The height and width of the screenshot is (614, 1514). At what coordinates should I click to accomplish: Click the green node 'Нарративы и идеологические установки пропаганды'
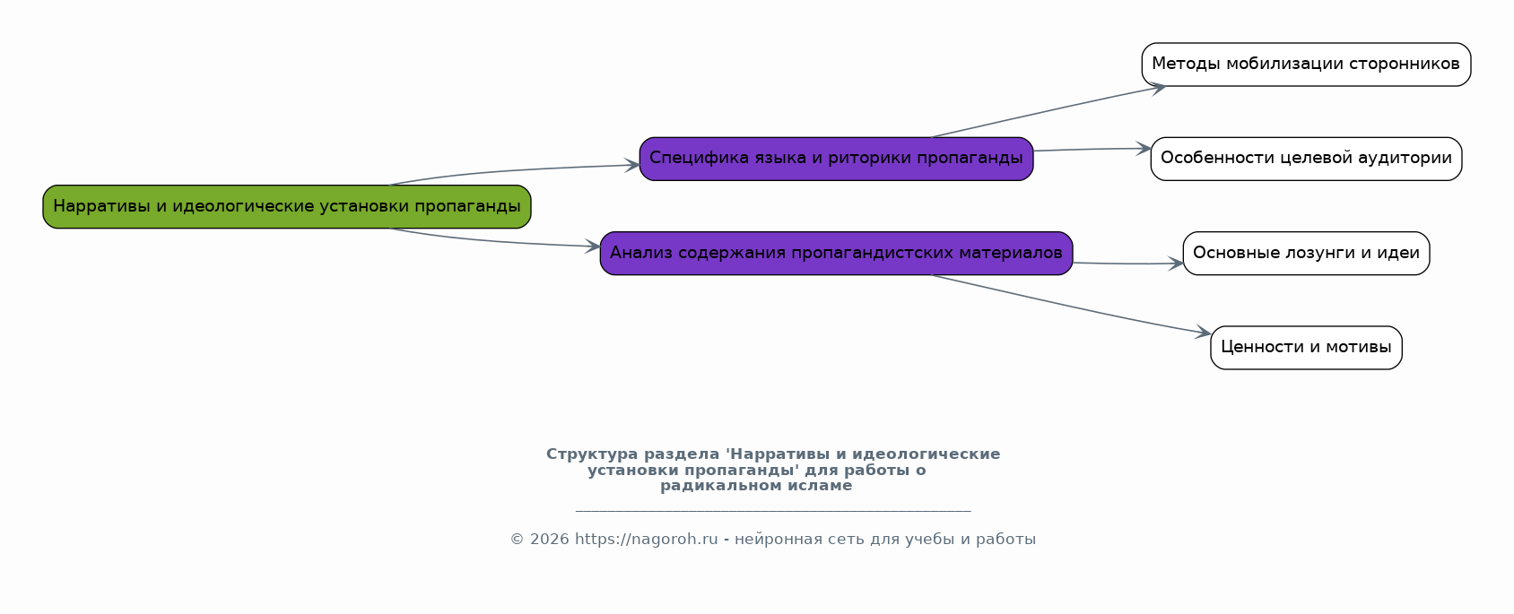coord(287,207)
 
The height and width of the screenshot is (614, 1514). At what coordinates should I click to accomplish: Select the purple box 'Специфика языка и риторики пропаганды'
coord(836,159)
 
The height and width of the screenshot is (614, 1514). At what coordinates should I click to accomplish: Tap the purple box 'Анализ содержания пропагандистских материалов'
coord(836,254)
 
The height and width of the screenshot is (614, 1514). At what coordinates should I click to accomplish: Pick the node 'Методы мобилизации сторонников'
coord(1306,65)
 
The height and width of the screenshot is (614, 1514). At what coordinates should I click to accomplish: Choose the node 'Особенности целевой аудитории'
coord(1306,159)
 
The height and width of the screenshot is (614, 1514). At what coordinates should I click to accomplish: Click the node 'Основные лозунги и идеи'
coord(1306,254)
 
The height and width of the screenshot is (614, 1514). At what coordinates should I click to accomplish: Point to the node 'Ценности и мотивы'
coord(1306,348)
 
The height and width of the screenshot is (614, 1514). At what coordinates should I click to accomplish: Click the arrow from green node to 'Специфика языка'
coord(514,170)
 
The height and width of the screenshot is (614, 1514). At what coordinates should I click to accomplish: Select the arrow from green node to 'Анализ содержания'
coord(493,241)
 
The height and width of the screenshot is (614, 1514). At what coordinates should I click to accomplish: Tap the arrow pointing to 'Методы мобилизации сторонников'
coord(1048,111)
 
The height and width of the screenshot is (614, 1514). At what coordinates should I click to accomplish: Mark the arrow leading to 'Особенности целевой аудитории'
coord(1092,150)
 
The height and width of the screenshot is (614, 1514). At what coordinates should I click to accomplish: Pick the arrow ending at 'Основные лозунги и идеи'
coord(1127,264)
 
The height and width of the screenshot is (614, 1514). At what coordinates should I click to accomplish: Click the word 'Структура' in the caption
coord(592,454)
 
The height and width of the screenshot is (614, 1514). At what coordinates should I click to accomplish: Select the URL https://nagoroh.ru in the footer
coord(646,539)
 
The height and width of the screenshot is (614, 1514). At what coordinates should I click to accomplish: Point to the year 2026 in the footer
coord(550,539)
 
